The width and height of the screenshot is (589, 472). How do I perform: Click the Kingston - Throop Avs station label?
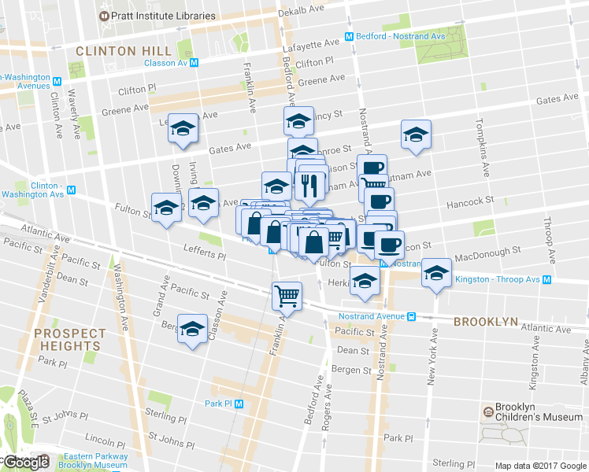498,280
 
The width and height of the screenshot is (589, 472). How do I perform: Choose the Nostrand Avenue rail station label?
370,316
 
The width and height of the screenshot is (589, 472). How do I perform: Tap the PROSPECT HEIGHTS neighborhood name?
68,339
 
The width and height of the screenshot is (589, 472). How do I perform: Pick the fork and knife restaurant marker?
309,185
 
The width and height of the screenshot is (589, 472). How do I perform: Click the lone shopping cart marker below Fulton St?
287,296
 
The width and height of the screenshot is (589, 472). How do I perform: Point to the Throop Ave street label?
549,246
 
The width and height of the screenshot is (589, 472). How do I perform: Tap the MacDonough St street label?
488,253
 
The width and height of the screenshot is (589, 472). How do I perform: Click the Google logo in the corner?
25,463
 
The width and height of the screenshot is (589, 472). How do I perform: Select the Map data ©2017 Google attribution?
540,466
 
